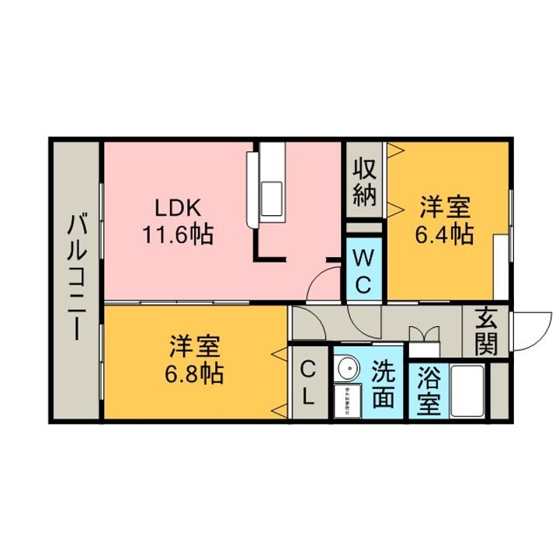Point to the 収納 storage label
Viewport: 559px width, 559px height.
point(365,182)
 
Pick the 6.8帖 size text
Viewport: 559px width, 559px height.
point(194,373)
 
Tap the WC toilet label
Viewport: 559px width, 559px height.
point(364,272)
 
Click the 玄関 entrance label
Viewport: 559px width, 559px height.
point(487,332)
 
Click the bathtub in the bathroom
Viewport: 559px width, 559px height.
point(468,393)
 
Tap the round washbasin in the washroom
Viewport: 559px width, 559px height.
point(345,366)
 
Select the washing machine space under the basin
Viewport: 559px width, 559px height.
point(345,401)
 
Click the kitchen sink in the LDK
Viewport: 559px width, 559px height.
point(274,193)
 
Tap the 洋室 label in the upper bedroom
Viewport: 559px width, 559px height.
point(446,207)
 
